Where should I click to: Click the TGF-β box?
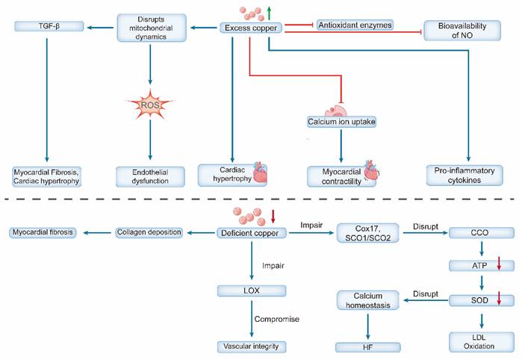[46, 28]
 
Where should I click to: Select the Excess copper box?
[251, 28]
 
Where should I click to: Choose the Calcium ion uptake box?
[341, 120]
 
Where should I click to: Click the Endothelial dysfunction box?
[150, 176]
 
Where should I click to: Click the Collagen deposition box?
[149, 232]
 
